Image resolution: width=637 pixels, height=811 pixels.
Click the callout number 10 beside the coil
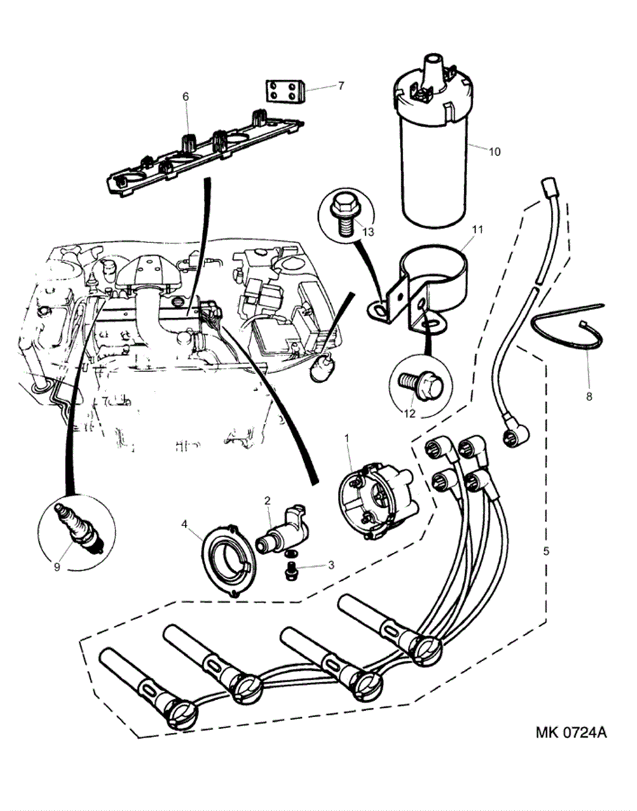[x=494, y=152]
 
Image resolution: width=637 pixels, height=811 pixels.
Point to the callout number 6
[x=185, y=97]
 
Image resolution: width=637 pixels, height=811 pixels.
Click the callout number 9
[x=57, y=566]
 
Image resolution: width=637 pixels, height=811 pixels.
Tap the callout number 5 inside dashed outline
[x=546, y=551]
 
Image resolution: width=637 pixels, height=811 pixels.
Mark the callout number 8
[x=589, y=396]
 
